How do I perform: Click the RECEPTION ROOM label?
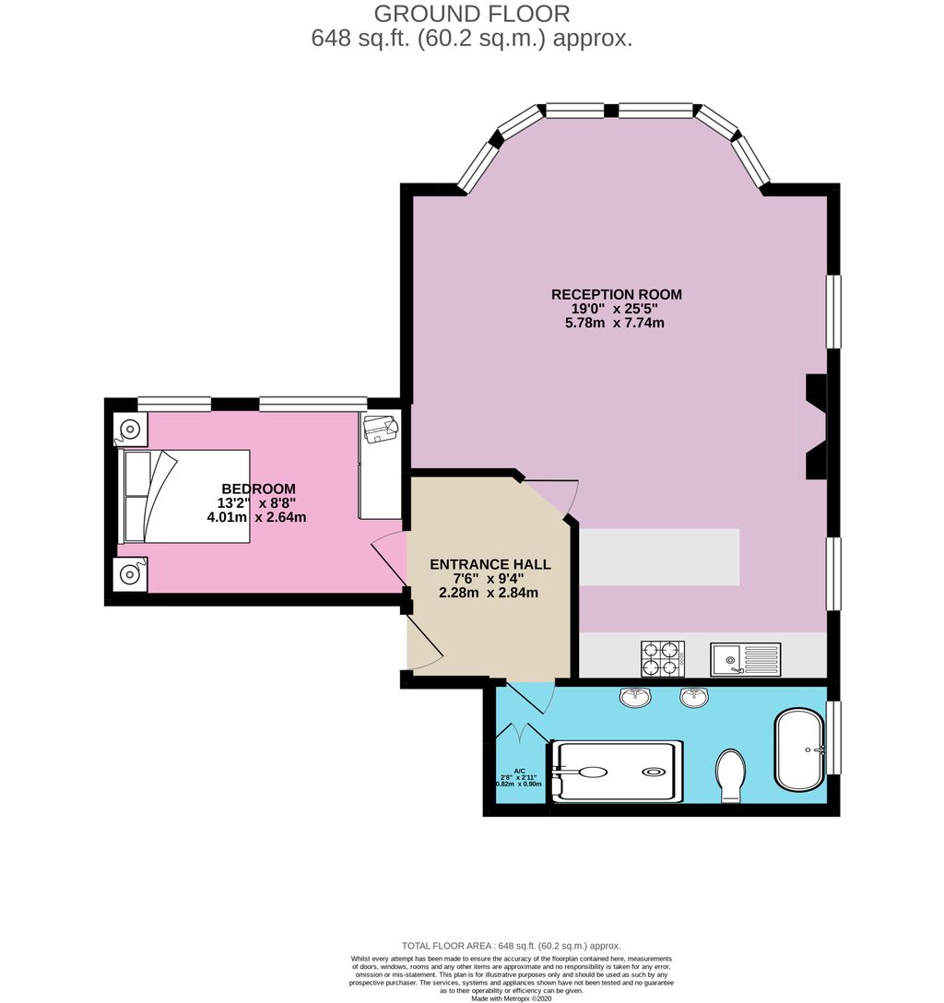point(616,294)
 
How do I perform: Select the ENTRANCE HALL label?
point(490,564)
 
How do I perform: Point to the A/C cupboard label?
point(519,771)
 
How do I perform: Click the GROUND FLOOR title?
point(471,14)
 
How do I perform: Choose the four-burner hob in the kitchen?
point(662,659)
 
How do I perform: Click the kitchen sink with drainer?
point(745,659)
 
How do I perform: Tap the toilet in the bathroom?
point(730,774)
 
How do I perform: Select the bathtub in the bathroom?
point(799,749)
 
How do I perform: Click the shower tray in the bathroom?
point(617,772)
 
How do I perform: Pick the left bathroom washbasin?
point(634,698)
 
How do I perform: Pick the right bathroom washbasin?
point(694,699)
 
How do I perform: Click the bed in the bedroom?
point(185,496)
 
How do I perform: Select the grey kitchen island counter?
point(659,557)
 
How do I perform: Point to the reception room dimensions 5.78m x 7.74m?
point(616,323)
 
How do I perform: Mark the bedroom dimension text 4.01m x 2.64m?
point(256,517)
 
